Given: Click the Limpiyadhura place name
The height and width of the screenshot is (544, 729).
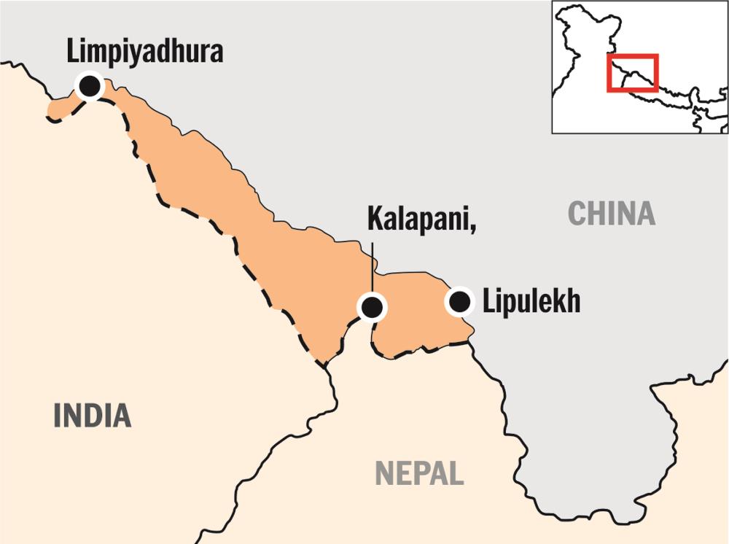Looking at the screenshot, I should click(144, 53).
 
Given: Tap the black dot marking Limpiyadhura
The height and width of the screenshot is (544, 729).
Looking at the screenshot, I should click(90, 85).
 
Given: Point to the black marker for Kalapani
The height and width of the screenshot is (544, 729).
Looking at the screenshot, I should click(372, 307).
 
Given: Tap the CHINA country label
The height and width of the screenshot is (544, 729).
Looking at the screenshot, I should click(612, 214).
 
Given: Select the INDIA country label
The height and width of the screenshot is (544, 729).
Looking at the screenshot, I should click(93, 415).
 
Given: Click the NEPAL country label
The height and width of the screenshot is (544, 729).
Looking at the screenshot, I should click(419, 473).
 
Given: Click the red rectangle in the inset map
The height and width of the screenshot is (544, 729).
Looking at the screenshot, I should click(633, 72).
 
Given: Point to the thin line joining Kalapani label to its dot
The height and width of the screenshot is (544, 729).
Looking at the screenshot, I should click(372, 266).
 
